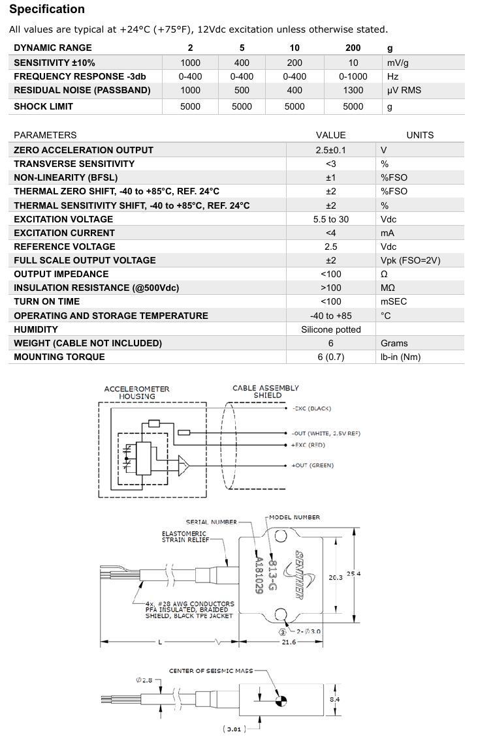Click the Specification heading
pos(47,9)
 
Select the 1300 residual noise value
pos(353,90)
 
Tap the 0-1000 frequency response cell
pos(353,76)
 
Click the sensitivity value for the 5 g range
pos(242,63)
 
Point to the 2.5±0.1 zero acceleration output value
pos(330,150)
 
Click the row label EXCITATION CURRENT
pos(64,233)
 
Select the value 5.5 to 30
pos(330,219)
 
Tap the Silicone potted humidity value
pos(330,329)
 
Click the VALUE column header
pos(330,135)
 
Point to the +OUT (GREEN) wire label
pos(312,465)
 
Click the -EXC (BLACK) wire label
pos(311,408)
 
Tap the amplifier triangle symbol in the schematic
pos(184,465)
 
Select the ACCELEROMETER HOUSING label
pos(136,392)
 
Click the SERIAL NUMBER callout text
pos(212,522)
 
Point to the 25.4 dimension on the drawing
pos(353,574)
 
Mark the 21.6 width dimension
pos(289,642)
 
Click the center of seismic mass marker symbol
pos(281,701)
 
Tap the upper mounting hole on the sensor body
pos(281,536)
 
